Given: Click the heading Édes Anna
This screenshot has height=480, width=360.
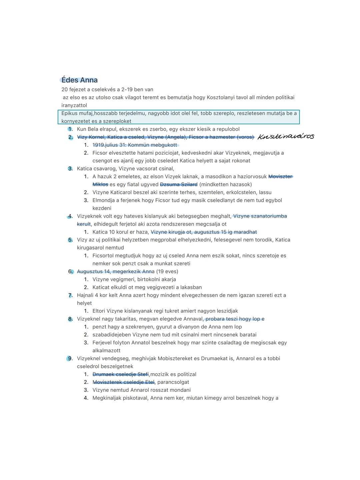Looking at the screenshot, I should tap(79, 80).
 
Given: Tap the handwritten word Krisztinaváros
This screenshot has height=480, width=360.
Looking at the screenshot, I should tap(286, 136).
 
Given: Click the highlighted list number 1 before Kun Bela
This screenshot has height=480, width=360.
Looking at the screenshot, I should tap(70, 129).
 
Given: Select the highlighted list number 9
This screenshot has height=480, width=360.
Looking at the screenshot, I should tap(70, 359).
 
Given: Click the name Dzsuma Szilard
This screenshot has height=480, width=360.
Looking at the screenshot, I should tap(179, 184).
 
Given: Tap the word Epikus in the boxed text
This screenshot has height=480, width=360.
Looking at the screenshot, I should tap(69, 113).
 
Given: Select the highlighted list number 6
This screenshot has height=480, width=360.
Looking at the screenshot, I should tap(70, 272).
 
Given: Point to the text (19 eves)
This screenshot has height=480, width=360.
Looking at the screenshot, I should tap(167, 272).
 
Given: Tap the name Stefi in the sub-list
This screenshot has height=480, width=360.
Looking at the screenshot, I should tap(143, 374).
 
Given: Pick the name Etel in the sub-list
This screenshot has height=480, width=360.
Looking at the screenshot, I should tap(150, 382).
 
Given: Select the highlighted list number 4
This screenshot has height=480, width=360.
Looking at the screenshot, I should tap(70, 216).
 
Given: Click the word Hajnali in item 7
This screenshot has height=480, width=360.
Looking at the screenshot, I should tap(85, 295).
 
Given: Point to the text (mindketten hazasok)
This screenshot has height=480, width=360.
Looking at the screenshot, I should tap(225, 184).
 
